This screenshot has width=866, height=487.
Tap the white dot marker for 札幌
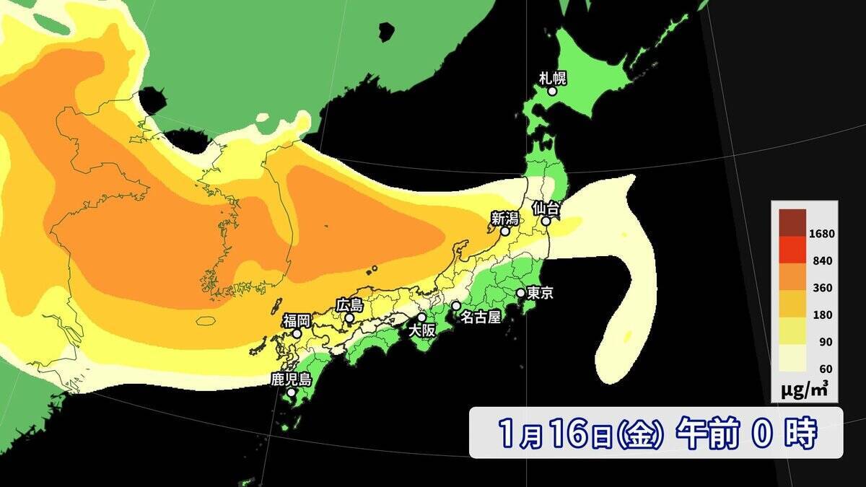click(x=552, y=92)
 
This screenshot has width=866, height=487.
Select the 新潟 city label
click(x=505, y=218)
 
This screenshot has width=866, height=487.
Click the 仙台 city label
click(x=546, y=208)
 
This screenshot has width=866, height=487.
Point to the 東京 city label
click(x=541, y=294)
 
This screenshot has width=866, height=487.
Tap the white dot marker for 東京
click(x=520, y=293)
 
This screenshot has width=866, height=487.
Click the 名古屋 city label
click(x=481, y=317)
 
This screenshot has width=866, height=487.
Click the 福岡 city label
click(x=296, y=320)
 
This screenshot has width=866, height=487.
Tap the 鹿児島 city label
click(x=290, y=379)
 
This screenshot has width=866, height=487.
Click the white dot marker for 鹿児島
click(x=291, y=393)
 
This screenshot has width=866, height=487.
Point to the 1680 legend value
click(x=821, y=234)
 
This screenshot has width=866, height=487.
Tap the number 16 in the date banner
click(x=574, y=433)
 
